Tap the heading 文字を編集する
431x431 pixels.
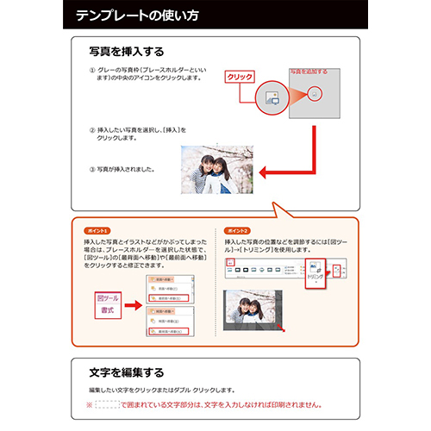click(126, 373)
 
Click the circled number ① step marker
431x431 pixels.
click(92, 70)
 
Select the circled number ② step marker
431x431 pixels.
click(92, 130)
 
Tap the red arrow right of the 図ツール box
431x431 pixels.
click(133, 302)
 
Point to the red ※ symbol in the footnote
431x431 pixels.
click(88, 403)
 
